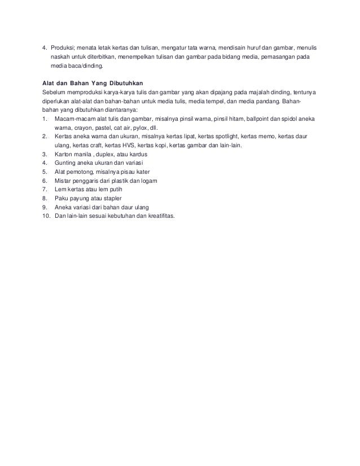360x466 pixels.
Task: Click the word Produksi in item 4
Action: [63, 47]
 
